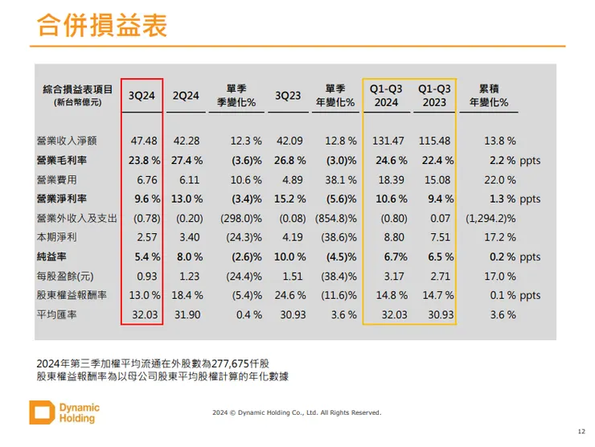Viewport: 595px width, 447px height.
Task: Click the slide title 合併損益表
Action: coord(102,26)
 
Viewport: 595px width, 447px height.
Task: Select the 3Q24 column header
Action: coord(142,95)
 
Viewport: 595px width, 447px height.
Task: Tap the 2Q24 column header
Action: coord(186,95)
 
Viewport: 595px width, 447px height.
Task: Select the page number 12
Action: coord(581,430)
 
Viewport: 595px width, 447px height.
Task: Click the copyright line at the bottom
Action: coord(297,413)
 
